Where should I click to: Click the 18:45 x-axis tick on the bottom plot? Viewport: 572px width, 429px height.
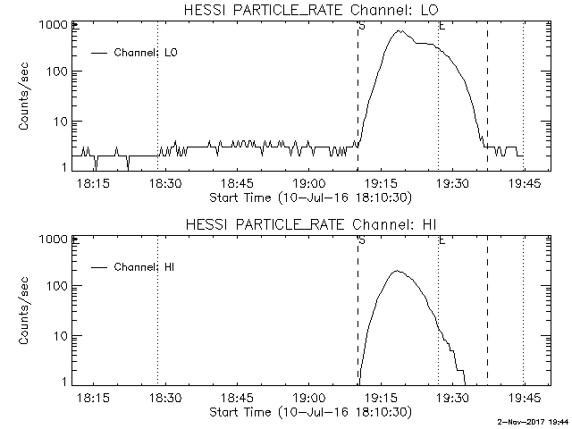(235, 398)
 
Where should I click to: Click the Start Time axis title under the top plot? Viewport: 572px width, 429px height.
(308, 197)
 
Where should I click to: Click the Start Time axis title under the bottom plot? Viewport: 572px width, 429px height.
(308, 411)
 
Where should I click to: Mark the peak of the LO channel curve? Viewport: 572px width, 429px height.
(400, 31)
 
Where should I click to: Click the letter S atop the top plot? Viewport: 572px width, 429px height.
(361, 26)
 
